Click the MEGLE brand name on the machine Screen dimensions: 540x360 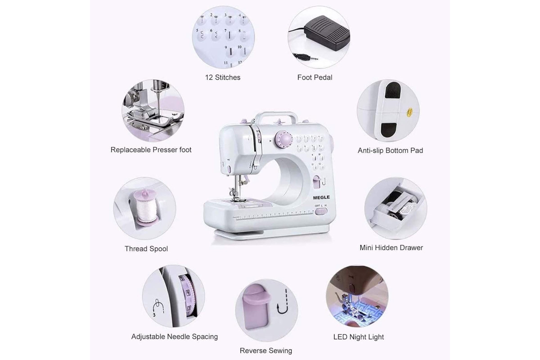[x=321, y=198]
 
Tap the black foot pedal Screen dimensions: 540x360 [x=327, y=33]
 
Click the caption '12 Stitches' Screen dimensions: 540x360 [x=223, y=77]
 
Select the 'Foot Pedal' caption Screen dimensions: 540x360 [x=315, y=77]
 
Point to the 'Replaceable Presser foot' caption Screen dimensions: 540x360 [x=151, y=150]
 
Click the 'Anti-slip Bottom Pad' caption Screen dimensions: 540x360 [x=390, y=150]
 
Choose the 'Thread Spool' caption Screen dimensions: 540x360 [x=146, y=248]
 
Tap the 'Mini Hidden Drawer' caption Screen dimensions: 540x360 [x=391, y=247]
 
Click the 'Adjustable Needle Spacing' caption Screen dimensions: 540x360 [x=175, y=337]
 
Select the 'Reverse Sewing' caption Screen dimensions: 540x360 [x=266, y=351]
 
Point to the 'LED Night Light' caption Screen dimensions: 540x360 [x=359, y=337]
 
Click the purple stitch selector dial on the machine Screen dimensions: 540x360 [x=284, y=139]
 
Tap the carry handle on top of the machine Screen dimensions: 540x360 [x=276, y=116]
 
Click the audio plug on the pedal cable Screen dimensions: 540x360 [x=305, y=57]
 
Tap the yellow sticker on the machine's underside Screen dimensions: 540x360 [x=409, y=112]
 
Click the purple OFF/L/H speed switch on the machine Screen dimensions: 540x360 [x=321, y=211]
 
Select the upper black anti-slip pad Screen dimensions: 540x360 [x=392, y=90]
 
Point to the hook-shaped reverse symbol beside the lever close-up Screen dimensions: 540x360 [x=283, y=302]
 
